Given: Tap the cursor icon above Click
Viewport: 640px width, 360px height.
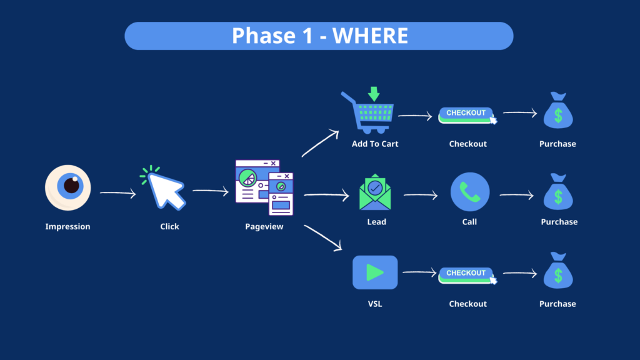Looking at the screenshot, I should click(x=166, y=187).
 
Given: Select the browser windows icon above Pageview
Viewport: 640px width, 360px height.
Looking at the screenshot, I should click(x=264, y=187).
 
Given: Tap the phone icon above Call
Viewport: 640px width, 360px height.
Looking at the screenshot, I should click(x=469, y=192).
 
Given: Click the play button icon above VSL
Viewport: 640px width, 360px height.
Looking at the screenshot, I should click(x=375, y=272).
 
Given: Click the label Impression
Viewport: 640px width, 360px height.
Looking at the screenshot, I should click(x=67, y=226).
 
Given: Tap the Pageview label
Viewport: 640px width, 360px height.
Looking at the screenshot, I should click(x=264, y=226).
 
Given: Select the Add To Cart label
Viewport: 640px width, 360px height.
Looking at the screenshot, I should click(x=375, y=144).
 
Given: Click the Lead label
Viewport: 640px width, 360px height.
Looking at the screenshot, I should click(x=376, y=222).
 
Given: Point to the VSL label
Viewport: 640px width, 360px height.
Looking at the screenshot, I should click(x=375, y=304).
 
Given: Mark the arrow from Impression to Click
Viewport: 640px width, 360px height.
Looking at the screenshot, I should click(x=118, y=194).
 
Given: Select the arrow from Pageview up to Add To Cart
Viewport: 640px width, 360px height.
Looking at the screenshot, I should click(x=320, y=144).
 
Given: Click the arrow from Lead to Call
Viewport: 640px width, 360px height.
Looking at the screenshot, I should click(x=421, y=196).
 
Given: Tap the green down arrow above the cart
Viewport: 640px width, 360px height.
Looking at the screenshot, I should click(x=374, y=94).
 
